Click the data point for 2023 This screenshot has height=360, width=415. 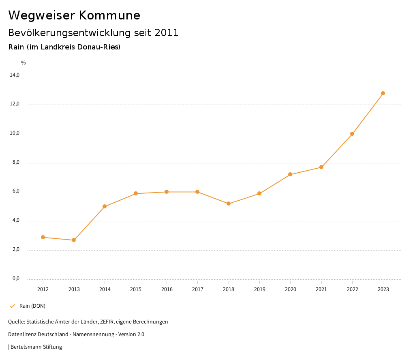point(383,93)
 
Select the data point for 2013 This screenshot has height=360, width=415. point(74,240)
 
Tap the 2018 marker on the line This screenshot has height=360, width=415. point(229,204)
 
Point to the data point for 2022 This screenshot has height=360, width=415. point(352,134)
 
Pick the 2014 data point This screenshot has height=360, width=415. point(105,206)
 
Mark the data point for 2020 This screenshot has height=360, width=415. point(290,174)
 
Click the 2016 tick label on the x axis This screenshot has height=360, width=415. point(167,289)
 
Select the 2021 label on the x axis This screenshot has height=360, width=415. point(321,289)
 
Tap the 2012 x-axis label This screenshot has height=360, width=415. point(43,289)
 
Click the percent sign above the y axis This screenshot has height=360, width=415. point(24,62)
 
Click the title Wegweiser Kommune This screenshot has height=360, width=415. point(74,15)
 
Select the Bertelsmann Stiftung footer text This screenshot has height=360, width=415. point(36,347)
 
